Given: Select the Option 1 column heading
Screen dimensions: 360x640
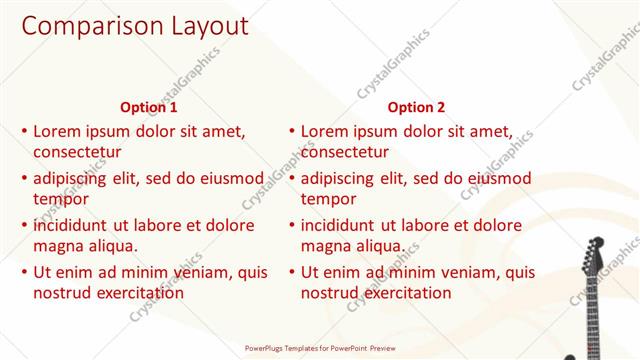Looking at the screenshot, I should coord(149,107).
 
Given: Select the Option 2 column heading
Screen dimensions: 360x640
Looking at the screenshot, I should coord(416,107).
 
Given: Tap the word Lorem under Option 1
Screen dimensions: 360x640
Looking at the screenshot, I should coord(57,131).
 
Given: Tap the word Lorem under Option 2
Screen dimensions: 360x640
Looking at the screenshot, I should coord(324,131).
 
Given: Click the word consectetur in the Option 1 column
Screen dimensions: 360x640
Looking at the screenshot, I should coord(77,153).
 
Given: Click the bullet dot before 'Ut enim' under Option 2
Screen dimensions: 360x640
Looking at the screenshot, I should coord(291,272).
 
